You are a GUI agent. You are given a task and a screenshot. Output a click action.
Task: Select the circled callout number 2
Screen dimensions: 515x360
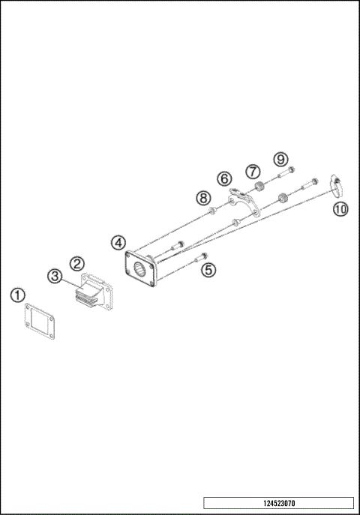click(x=76, y=263)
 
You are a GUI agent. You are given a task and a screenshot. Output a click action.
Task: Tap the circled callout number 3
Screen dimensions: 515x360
click(x=55, y=276)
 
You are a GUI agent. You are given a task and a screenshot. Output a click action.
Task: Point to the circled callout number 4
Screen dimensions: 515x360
click(x=118, y=242)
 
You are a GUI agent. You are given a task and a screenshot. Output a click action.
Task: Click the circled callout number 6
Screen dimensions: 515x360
click(x=224, y=178)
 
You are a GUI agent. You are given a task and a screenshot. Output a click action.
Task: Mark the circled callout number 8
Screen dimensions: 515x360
click(x=203, y=198)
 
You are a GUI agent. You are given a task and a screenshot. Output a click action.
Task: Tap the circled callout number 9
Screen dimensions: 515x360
click(x=280, y=159)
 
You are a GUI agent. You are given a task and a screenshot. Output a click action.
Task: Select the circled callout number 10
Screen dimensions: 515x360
click(x=341, y=209)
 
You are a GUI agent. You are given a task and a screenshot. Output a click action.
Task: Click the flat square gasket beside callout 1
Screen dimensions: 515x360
click(x=38, y=321)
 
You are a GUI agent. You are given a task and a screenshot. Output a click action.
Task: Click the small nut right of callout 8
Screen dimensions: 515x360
click(x=215, y=211)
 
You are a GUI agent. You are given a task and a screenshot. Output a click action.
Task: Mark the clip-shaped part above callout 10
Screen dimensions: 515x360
click(x=337, y=181)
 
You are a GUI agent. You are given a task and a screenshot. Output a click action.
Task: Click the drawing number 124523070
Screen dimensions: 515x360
click(x=277, y=503)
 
